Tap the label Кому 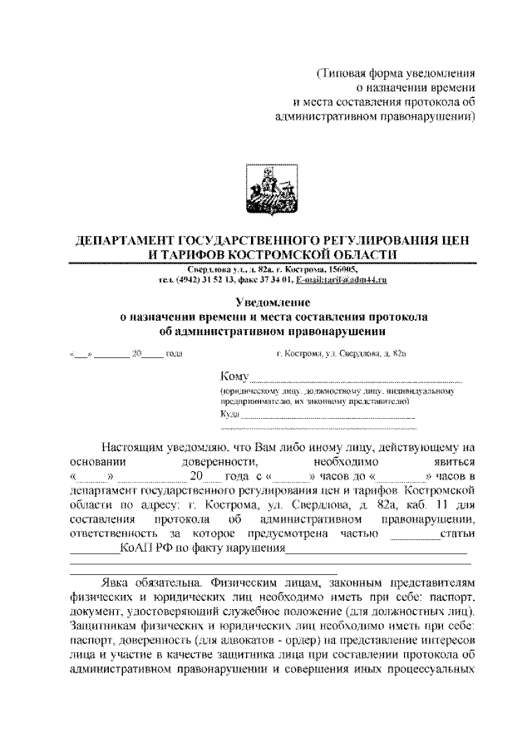click(235, 378)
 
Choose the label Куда click(229, 413)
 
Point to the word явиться click(450, 461)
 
